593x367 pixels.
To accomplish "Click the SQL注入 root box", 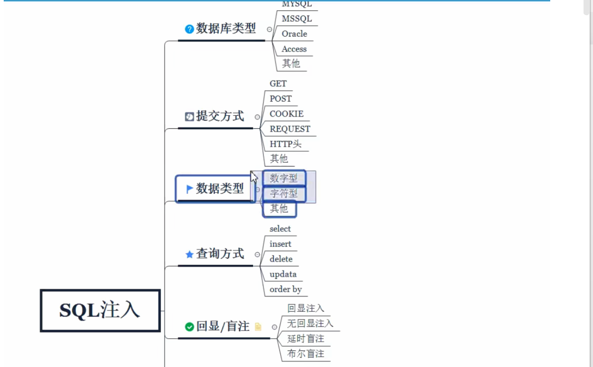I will (x=100, y=310).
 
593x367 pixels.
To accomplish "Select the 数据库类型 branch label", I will (x=226, y=28).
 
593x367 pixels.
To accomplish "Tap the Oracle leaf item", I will (x=294, y=34).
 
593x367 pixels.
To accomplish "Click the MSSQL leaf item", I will (x=296, y=19).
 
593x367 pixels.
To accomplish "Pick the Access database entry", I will (x=294, y=49).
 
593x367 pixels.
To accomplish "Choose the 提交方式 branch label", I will (x=220, y=116).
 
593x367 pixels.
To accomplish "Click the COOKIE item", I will (x=286, y=114).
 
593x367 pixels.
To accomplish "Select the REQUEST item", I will (x=290, y=129).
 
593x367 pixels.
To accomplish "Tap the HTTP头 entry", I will (x=285, y=144).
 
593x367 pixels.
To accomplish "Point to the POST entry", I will (x=280, y=99).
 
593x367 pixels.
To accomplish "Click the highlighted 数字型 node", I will (x=284, y=178).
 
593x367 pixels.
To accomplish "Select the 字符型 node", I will (x=284, y=193).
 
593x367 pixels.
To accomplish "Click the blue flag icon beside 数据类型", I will (x=189, y=189).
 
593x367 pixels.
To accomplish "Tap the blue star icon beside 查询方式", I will (x=189, y=255).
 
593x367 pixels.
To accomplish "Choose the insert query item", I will (x=280, y=244).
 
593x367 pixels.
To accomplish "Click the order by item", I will (x=286, y=289).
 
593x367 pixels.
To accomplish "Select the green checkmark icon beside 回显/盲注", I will (x=189, y=327).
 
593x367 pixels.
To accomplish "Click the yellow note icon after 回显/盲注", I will (x=258, y=327).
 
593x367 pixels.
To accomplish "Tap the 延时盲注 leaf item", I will (x=305, y=339).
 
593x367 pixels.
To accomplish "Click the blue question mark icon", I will (x=189, y=29).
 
